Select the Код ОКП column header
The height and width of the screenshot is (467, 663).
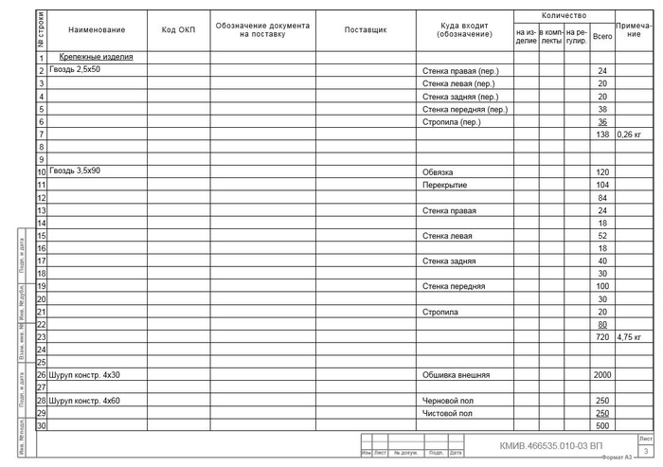tap(178, 30)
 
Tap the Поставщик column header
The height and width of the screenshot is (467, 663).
tap(366, 30)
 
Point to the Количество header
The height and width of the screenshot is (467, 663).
tap(564, 16)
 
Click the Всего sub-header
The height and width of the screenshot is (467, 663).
tap(601, 37)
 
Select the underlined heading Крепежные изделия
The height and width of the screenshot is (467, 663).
tap(96, 57)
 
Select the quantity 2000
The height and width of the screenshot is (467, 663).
tap(601, 375)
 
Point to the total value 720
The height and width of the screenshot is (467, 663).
tap(601, 336)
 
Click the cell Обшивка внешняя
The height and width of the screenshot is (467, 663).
tap(456, 375)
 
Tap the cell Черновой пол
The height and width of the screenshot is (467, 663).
tap(447, 401)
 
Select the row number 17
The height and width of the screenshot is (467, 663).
tap(42, 260)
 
